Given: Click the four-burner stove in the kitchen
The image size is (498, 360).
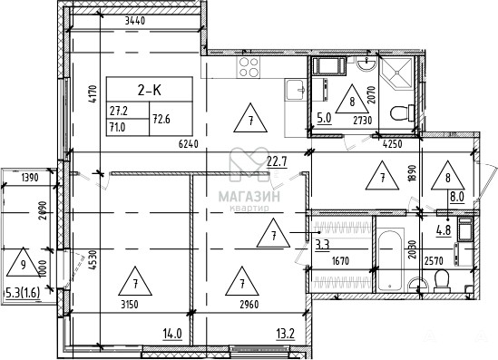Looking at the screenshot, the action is click(x=248, y=67).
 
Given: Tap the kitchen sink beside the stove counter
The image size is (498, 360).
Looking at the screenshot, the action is click(x=296, y=90).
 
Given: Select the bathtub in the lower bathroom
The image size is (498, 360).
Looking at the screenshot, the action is click(x=390, y=260).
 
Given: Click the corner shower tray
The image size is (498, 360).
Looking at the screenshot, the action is click(x=397, y=73).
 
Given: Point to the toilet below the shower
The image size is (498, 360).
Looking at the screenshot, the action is click(x=402, y=112).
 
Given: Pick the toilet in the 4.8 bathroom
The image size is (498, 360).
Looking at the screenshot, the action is click(x=442, y=281).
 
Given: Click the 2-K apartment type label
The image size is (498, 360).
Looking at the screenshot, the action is click(x=150, y=91).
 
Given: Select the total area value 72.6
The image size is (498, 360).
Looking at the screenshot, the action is click(x=161, y=119).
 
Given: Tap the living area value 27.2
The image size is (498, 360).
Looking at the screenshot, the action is click(x=119, y=111).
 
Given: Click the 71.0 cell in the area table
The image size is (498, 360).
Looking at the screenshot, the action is click(x=118, y=127).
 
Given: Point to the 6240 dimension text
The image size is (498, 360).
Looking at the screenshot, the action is click(x=189, y=144).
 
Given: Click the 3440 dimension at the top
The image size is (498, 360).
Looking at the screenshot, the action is click(x=135, y=21).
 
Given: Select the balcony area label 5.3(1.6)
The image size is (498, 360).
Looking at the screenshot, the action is click(x=23, y=293).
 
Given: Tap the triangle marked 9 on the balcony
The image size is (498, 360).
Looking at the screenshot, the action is click(x=23, y=263).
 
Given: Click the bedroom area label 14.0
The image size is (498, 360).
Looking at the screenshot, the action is click(x=172, y=334).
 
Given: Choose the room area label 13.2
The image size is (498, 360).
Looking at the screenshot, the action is click(x=286, y=334).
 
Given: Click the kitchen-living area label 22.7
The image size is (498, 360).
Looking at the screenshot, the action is click(x=277, y=161).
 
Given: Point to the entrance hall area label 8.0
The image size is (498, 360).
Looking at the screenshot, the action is click(x=457, y=197).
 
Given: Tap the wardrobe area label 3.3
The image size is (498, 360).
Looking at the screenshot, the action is click(x=322, y=245).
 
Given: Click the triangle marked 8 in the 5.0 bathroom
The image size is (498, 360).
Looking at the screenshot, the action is click(x=352, y=100).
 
